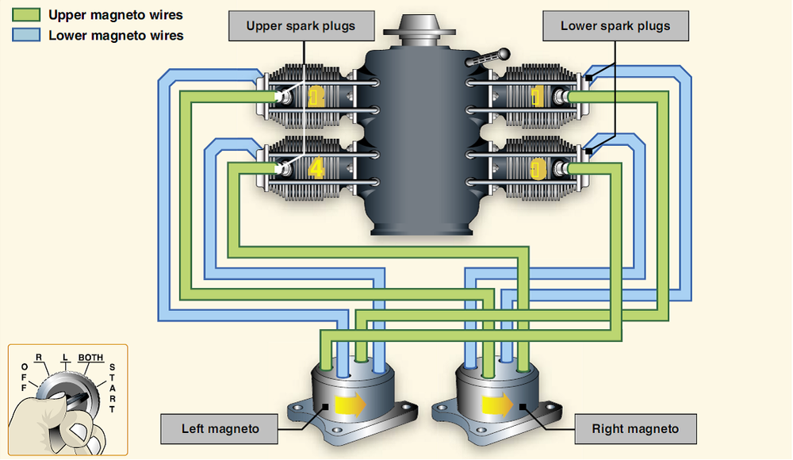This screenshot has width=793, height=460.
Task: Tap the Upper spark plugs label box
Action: coord(301,26)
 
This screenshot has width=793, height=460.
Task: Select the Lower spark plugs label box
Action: coord(615,26)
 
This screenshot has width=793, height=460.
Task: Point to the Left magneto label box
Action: coord(220,429)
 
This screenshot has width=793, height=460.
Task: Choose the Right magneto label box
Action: coord(635,429)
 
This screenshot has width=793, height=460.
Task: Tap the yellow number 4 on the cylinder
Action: coord(316,169)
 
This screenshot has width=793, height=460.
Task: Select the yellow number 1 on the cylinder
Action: coord(538,97)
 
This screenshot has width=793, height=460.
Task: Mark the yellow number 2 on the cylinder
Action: coord(316,97)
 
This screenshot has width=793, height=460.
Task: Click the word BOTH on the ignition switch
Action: coord(90,358)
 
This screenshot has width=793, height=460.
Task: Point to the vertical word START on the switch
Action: coord(112,389)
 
